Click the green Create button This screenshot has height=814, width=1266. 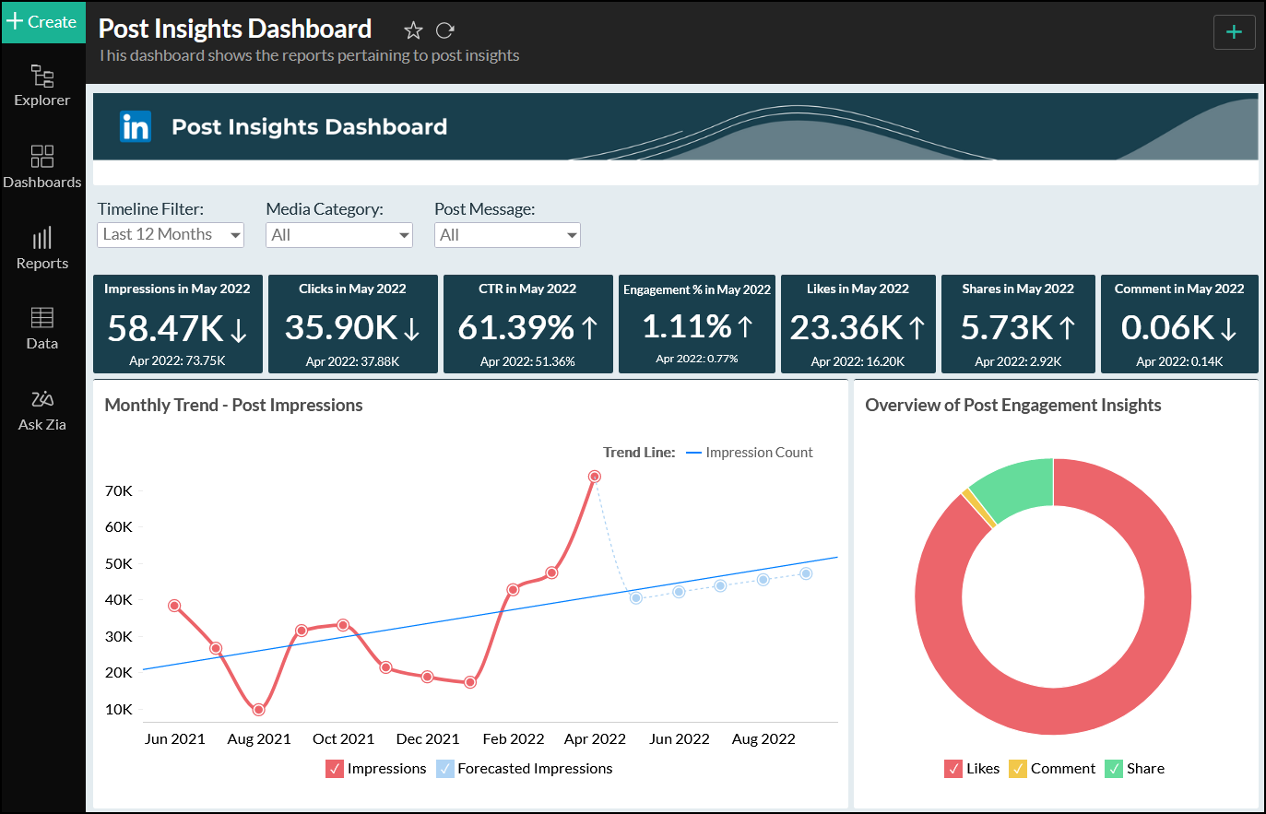(42, 22)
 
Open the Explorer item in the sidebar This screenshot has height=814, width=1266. (42, 85)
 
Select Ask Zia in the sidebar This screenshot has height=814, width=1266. (42, 410)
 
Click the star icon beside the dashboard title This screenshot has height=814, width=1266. (413, 30)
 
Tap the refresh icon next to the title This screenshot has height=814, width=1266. (445, 30)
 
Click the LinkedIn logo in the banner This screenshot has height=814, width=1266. (136, 126)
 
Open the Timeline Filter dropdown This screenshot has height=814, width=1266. (171, 235)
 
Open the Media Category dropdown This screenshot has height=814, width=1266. (338, 235)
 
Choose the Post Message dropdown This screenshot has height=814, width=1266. (507, 235)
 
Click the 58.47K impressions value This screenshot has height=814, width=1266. (166, 328)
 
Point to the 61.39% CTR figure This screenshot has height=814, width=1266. (516, 328)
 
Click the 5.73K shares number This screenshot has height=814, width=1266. (1007, 328)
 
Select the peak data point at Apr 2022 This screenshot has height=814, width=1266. (595, 477)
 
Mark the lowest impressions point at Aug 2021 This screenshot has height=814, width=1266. (258, 710)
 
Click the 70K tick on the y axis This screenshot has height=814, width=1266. (119, 490)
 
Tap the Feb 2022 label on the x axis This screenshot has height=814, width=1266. (514, 738)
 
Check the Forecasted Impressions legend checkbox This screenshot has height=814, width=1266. (445, 769)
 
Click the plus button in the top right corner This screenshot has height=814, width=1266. (1234, 33)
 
